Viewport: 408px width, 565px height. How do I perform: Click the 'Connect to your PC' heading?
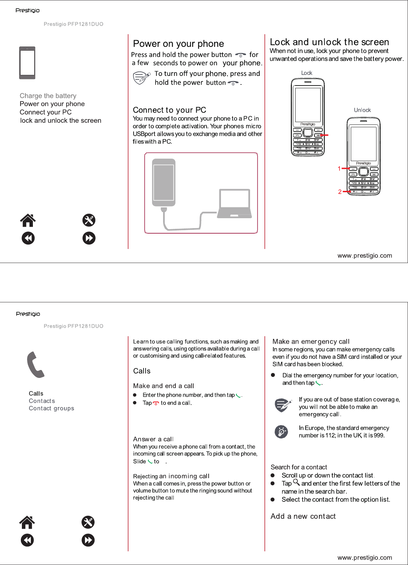[x=169, y=110]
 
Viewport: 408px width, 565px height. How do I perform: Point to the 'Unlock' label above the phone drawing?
[x=362, y=110]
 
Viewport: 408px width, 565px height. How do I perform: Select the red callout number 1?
[x=339, y=169]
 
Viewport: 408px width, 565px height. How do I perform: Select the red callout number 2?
[x=339, y=192]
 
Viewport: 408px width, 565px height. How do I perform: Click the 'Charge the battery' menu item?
[x=48, y=96]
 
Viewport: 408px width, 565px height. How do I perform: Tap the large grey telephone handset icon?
[x=36, y=365]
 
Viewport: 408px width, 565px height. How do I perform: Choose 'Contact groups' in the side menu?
[x=51, y=408]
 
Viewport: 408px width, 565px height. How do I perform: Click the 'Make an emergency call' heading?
[x=311, y=341]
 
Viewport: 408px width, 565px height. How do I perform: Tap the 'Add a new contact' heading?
[x=303, y=516]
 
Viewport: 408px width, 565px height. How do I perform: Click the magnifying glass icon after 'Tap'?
[x=296, y=483]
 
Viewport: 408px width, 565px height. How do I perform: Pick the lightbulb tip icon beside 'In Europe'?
[x=281, y=432]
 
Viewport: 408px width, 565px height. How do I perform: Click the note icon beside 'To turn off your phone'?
[x=141, y=78]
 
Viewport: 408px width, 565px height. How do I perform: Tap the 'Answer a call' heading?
[x=153, y=439]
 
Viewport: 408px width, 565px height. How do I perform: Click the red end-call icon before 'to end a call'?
[x=156, y=403]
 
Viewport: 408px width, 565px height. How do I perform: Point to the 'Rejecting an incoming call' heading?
[x=171, y=476]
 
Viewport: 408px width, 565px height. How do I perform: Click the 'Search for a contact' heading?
[x=299, y=467]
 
